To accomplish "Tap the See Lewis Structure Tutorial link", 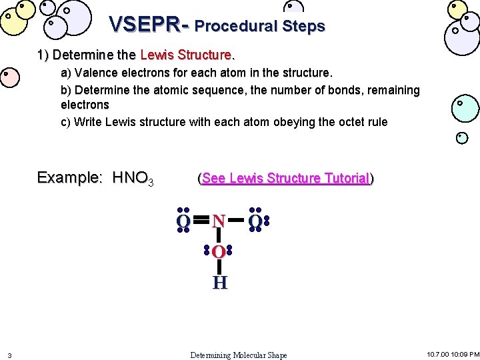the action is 285,179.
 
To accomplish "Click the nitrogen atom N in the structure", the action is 219,221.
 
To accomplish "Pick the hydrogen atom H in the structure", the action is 219,283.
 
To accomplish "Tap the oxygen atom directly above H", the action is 219,252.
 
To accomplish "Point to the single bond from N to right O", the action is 237,219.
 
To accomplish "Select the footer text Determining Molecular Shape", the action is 239,355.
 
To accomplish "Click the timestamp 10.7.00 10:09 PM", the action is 453,354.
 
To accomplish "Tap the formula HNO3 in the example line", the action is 133,178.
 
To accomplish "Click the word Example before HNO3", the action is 69,177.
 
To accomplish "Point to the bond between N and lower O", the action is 219,236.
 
